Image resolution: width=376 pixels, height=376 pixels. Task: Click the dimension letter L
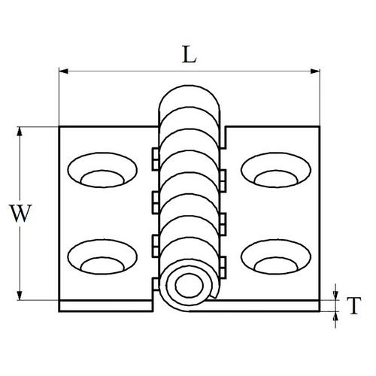190,54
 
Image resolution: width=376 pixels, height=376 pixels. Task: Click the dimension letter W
20,214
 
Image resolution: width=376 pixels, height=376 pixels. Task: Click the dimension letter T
353,305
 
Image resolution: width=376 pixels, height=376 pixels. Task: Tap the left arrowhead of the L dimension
63,71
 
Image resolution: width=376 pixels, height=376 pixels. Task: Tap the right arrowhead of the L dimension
315,71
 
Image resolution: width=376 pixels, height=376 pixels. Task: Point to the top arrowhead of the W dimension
20,132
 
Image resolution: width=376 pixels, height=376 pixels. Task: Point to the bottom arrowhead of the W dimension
20,296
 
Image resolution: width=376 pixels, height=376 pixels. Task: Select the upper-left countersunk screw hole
102,170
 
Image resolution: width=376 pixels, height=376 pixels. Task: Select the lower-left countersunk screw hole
102,257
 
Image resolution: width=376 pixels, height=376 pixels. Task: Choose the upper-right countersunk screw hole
276,170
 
